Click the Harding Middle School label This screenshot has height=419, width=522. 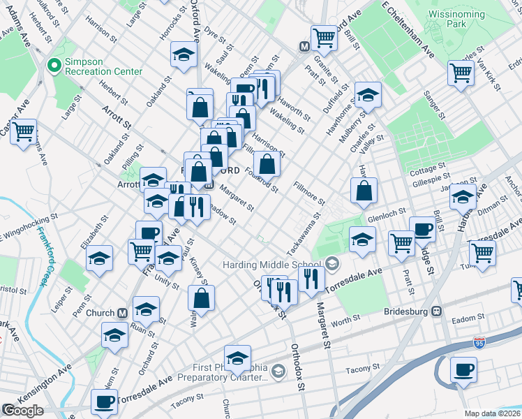pyautogui.click(x=272, y=265)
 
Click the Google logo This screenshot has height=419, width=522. pyautogui.click(x=23, y=411)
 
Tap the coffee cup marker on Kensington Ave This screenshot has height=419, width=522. pyautogui.click(x=105, y=402)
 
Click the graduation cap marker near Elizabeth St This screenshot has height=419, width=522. pyautogui.click(x=99, y=258)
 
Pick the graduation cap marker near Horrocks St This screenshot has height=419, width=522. pyautogui.click(x=184, y=54)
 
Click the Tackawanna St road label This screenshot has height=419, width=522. pyautogui.click(x=302, y=234)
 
